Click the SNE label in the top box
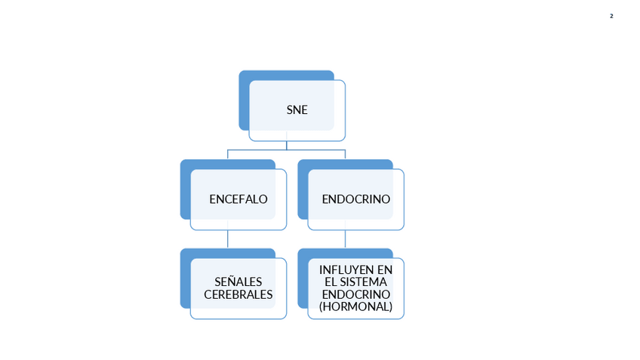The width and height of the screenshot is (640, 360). point(297,110)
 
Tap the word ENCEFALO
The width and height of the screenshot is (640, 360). point(238,199)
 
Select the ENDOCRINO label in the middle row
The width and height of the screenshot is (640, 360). point(355,199)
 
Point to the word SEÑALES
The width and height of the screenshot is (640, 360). point(238,282)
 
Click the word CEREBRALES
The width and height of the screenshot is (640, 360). point(238,294)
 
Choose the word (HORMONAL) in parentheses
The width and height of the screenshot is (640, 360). point(355,306)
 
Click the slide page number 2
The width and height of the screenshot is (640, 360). point(611,16)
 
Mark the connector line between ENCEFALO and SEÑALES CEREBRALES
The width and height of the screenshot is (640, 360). point(228,239)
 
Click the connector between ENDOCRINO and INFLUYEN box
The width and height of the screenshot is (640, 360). point(346,239)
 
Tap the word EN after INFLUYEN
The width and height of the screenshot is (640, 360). point(385,269)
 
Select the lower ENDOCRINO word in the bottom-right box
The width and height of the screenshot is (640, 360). point(355,294)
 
